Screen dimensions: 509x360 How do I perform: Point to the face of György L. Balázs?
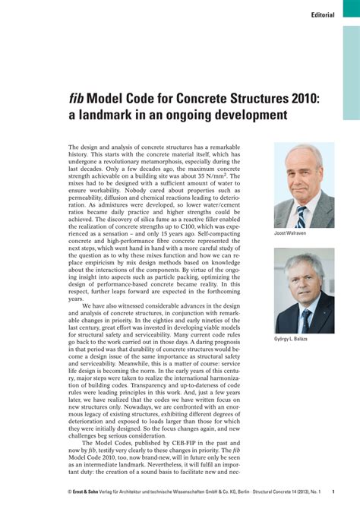(305, 281)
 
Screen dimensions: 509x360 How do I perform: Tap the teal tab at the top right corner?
(350, 60)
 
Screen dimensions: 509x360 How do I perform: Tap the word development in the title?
(244, 115)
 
